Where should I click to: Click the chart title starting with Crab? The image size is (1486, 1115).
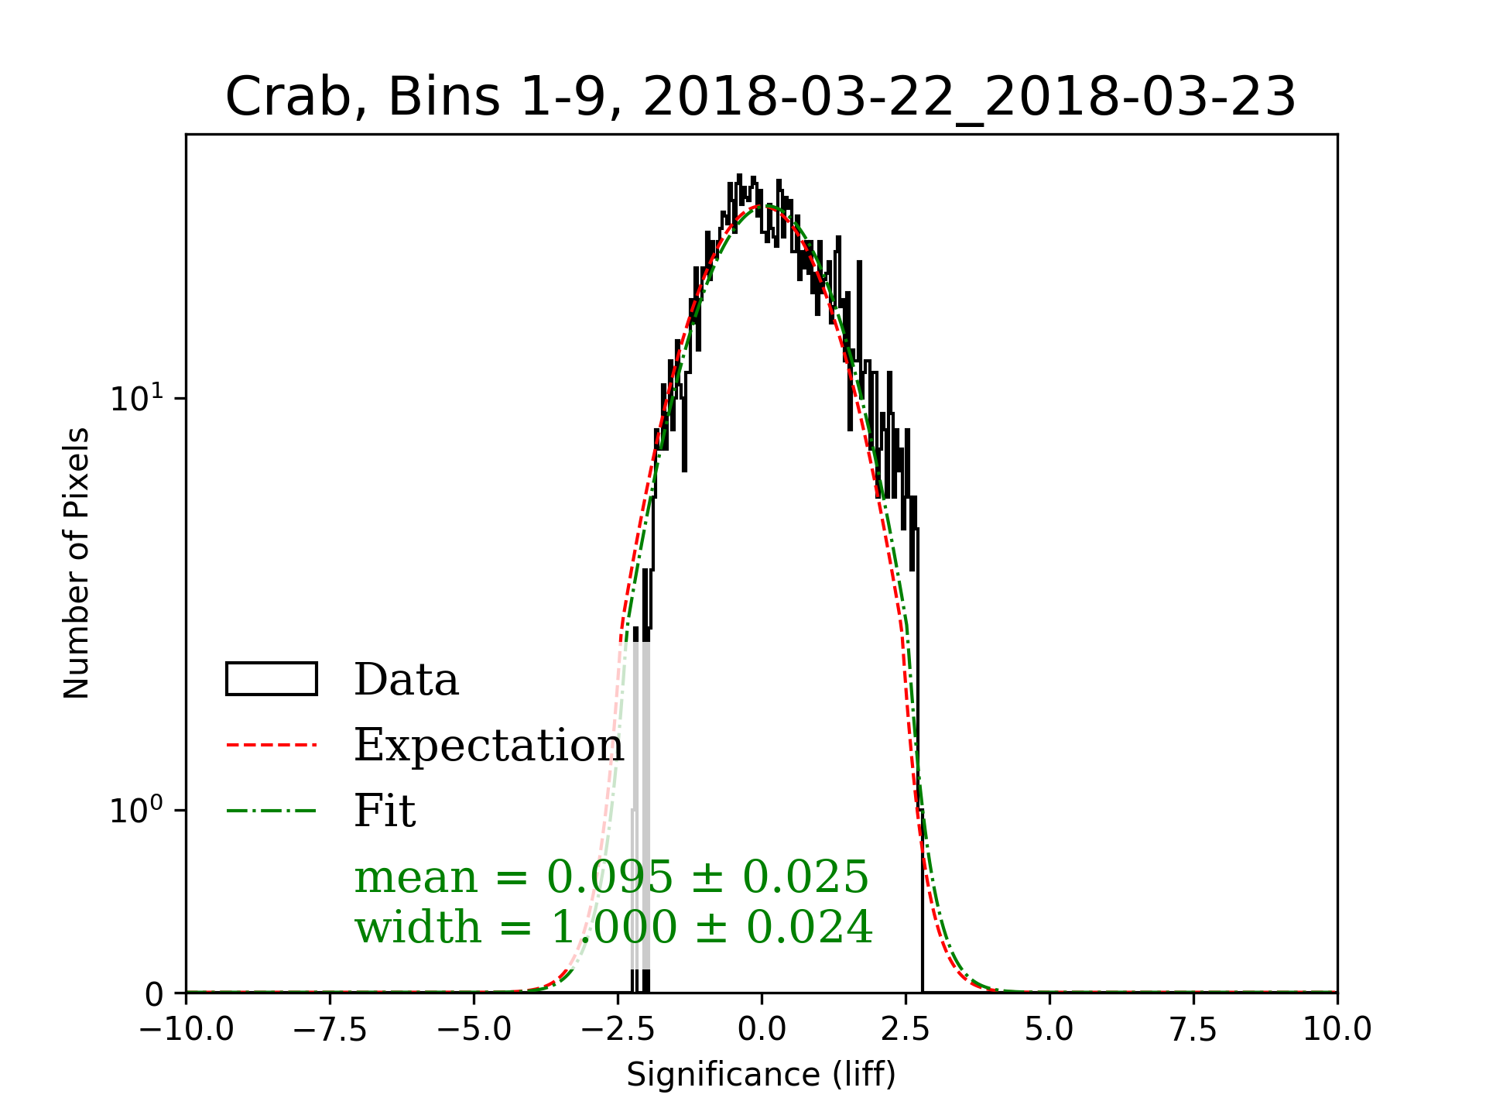(x=760, y=98)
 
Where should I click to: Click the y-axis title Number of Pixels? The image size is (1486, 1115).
(x=77, y=563)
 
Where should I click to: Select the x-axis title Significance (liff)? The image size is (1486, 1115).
(x=761, y=1075)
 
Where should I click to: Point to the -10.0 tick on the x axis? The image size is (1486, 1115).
(x=187, y=1030)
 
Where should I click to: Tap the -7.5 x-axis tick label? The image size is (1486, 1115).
(x=330, y=1030)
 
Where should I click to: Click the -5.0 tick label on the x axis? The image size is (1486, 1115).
(x=474, y=1030)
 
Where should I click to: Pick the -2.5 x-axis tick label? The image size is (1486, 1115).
(x=618, y=1030)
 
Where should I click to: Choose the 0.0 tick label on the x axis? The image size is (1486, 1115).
(x=762, y=1030)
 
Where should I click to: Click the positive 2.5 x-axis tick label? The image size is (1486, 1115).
(x=906, y=1030)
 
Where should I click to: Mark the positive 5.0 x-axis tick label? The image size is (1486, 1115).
(x=1049, y=1030)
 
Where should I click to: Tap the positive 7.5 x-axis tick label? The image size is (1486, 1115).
(x=1193, y=1030)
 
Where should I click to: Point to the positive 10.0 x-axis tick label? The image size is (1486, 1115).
(x=1337, y=1030)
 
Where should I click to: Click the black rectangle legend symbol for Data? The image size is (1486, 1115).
(x=272, y=679)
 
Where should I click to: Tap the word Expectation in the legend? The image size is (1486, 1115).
(x=488, y=746)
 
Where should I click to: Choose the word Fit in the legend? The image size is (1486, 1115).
(x=385, y=811)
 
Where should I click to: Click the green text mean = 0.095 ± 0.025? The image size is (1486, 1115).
(x=611, y=877)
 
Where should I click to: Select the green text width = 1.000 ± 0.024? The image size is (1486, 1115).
(x=614, y=927)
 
